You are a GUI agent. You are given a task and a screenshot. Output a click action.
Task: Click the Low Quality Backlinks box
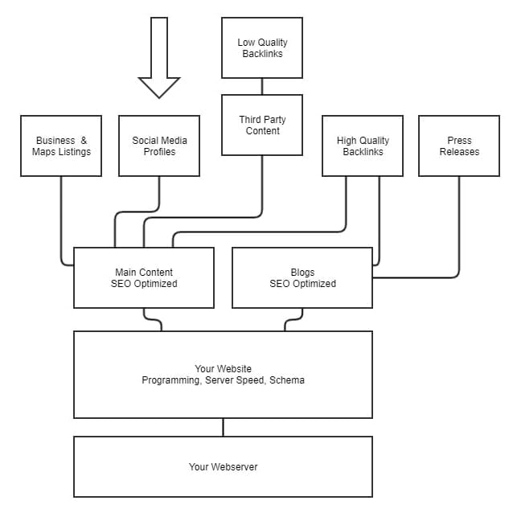point(262,47)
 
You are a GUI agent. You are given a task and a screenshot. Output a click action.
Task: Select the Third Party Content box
point(262,125)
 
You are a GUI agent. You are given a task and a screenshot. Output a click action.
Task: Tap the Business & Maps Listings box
point(61,146)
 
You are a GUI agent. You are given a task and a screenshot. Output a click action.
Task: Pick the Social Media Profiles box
point(159,146)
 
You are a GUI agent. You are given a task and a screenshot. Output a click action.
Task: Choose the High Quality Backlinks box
point(363,146)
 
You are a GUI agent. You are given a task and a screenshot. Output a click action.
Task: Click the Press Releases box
point(459,146)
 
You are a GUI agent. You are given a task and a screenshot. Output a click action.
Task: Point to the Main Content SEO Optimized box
point(144,277)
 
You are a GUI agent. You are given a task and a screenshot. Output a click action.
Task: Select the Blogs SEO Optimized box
point(302,277)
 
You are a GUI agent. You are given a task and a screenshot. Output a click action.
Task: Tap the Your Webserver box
point(223,466)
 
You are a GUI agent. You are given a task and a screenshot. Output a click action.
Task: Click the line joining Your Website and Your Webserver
point(223,427)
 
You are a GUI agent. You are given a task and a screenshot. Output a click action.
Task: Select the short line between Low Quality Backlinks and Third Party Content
point(262,86)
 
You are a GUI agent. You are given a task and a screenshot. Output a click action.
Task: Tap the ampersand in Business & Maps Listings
point(84,141)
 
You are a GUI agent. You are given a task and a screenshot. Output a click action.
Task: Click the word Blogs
point(302,273)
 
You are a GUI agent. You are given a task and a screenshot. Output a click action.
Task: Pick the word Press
point(459,141)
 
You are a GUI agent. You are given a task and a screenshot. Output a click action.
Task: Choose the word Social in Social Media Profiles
point(146,141)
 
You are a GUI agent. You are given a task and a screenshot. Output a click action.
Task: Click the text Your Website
point(223,369)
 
